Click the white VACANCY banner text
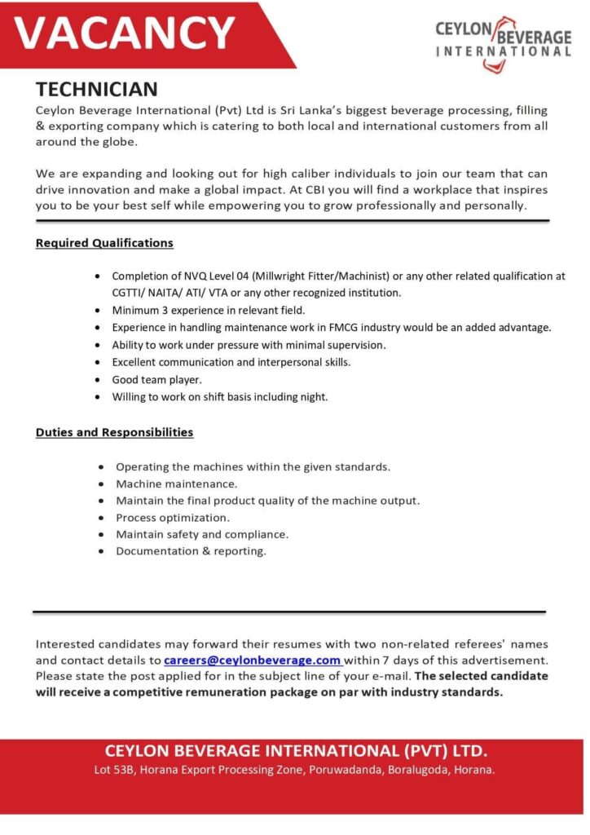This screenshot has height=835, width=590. tap(125, 33)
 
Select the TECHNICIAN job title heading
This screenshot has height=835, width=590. tap(96, 89)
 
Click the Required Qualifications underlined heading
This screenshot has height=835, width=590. tap(104, 243)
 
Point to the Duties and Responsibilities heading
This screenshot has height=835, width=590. tap(114, 432)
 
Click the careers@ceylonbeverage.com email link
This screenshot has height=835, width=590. tap(252, 660)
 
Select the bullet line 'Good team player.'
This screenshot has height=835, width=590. tap(156, 379)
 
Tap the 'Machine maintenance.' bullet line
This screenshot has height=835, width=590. tap(176, 484)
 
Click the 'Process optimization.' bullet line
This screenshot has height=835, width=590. tap(172, 518)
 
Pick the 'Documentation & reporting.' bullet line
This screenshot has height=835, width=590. tap(191, 551)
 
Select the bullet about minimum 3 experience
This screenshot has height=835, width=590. tap(208, 311)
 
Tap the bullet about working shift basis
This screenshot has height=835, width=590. tap(219, 397)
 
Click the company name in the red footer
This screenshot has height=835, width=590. tap(295, 750)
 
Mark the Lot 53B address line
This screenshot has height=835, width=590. tap(295, 770)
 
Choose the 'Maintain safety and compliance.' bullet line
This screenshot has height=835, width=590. tap(201, 535)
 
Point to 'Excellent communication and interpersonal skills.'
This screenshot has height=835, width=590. tap(231, 362)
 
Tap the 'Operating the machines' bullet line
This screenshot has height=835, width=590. tap(253, 467)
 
